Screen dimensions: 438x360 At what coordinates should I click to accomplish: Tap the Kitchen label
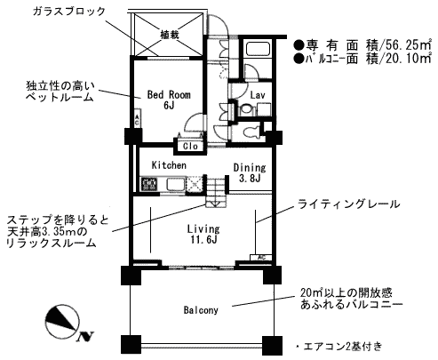169,165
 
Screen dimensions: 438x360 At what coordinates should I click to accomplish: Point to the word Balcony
201,310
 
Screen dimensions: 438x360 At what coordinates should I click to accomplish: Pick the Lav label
258,95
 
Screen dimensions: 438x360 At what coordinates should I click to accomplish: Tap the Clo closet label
190,147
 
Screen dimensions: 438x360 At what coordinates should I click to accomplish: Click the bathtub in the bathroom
258,48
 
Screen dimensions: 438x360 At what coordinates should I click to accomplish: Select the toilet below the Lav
251,132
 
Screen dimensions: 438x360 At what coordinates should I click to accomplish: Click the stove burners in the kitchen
150,184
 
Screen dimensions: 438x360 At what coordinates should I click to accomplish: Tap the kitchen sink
176,184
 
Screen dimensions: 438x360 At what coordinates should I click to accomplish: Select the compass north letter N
86,336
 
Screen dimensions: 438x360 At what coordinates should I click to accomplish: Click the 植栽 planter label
170,35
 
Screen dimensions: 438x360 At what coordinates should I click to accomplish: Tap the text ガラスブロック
68,12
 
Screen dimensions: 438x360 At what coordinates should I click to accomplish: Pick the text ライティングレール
348,204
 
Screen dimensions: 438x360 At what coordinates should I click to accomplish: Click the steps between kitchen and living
216,191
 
